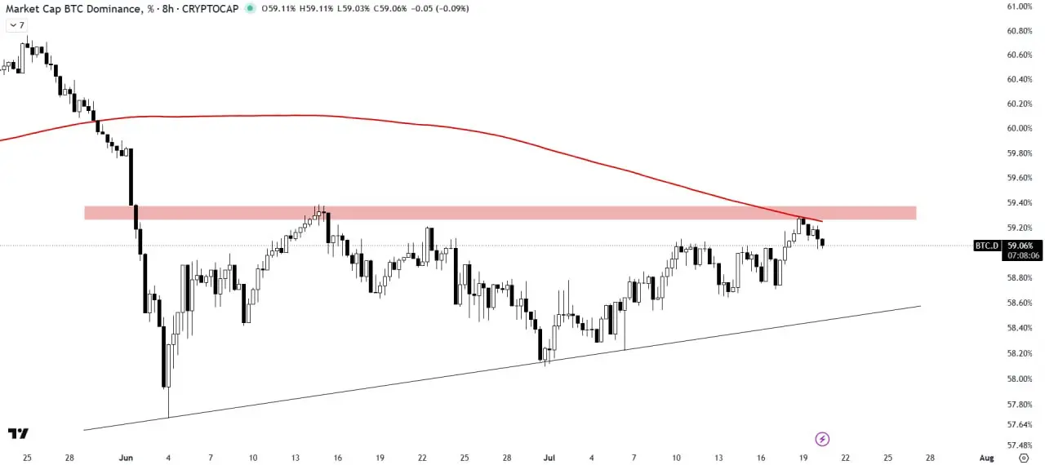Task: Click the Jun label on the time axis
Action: point(126,458)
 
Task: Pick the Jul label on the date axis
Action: point(549,458)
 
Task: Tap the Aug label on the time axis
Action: point(987,458)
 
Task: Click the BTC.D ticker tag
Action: point(987,246)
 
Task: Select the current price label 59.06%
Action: point(1021,246)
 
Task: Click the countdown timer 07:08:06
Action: point(1024,255)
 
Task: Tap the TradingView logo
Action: point(18,434)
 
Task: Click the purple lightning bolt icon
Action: point(822,439)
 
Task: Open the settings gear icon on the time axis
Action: point(1024,458)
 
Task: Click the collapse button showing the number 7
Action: point(17,25)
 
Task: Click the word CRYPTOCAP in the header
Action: point(211,8)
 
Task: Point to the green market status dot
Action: point(251,8)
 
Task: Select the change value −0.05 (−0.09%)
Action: point(440,8)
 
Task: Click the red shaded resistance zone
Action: point(500,213)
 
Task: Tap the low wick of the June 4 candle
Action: point(168,402)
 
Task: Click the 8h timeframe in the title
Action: point(168,8)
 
